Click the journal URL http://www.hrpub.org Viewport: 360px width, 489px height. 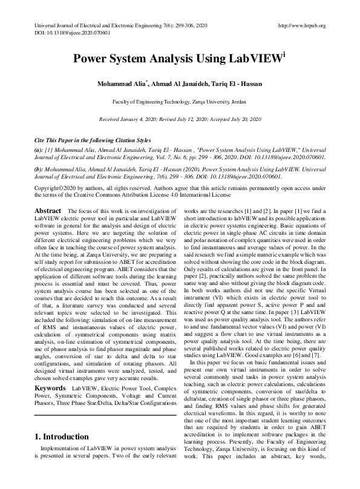point(301,25)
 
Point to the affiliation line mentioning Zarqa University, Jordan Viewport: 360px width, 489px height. point(180,102)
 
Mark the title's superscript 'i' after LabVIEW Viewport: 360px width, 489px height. point(284,55)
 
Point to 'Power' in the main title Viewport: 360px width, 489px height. point(90,60)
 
